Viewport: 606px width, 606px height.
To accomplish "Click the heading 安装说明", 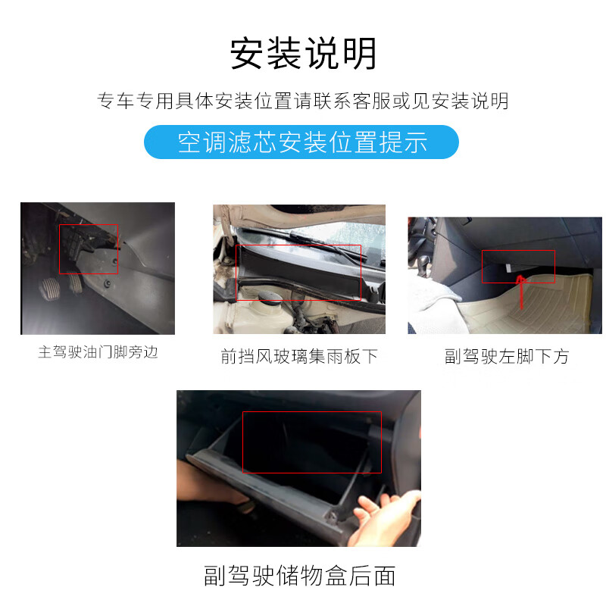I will coord(303,54).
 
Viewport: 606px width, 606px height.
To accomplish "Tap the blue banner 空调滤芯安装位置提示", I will coord(301,142).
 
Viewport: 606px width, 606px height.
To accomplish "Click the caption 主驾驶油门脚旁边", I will coord(98,352).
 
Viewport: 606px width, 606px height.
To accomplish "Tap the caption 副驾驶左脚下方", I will coord(506,356).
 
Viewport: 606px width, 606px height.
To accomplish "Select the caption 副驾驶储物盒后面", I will coord(299,575).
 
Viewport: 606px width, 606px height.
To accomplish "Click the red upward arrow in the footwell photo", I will coord(521,292).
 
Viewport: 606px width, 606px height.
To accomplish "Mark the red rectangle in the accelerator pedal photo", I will coord(89,248).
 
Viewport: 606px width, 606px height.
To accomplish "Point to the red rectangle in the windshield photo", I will coord(299,272).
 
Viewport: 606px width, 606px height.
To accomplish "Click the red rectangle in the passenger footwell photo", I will coord(518,266).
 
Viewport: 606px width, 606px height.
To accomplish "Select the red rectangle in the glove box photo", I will coord(311,442).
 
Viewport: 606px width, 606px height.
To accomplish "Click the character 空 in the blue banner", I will coord(188,142).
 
